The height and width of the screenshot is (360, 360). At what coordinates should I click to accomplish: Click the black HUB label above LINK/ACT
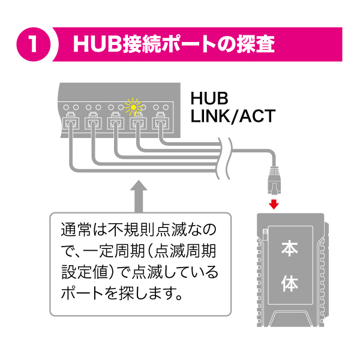(x=209, y=98)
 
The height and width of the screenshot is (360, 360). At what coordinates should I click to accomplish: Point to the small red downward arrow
(x=274, y=204)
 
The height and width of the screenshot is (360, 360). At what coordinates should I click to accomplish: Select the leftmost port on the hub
(x=70, y=124)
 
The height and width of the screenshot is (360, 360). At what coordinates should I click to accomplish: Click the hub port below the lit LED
(x=137, y=124)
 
